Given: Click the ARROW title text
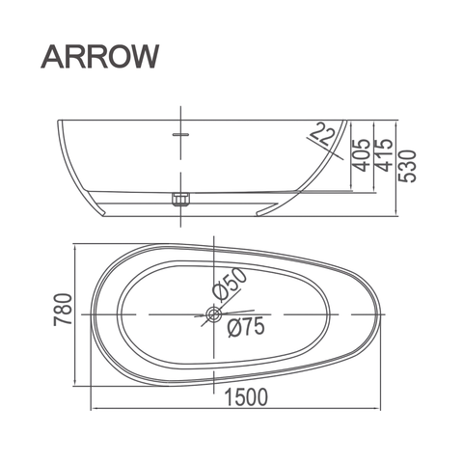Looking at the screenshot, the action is tap(100, 57).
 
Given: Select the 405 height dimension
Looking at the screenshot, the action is tap(361, 155).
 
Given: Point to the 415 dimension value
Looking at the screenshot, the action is tap(384, 155).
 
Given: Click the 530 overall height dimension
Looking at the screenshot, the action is tap(407, 166).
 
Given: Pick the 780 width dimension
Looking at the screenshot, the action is tap(63, 310).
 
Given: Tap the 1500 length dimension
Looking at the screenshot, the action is tap(246, 396).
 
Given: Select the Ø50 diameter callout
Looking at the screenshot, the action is tap(230, 284).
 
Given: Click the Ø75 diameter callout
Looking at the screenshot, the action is tap(246, 327).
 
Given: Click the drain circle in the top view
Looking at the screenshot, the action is tap(213, 314).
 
